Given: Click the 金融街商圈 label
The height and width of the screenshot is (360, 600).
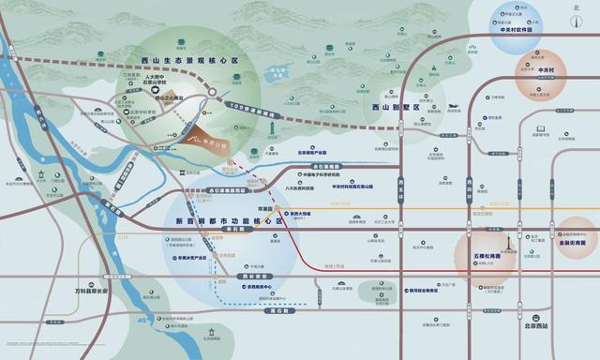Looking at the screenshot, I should pos(575,240).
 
